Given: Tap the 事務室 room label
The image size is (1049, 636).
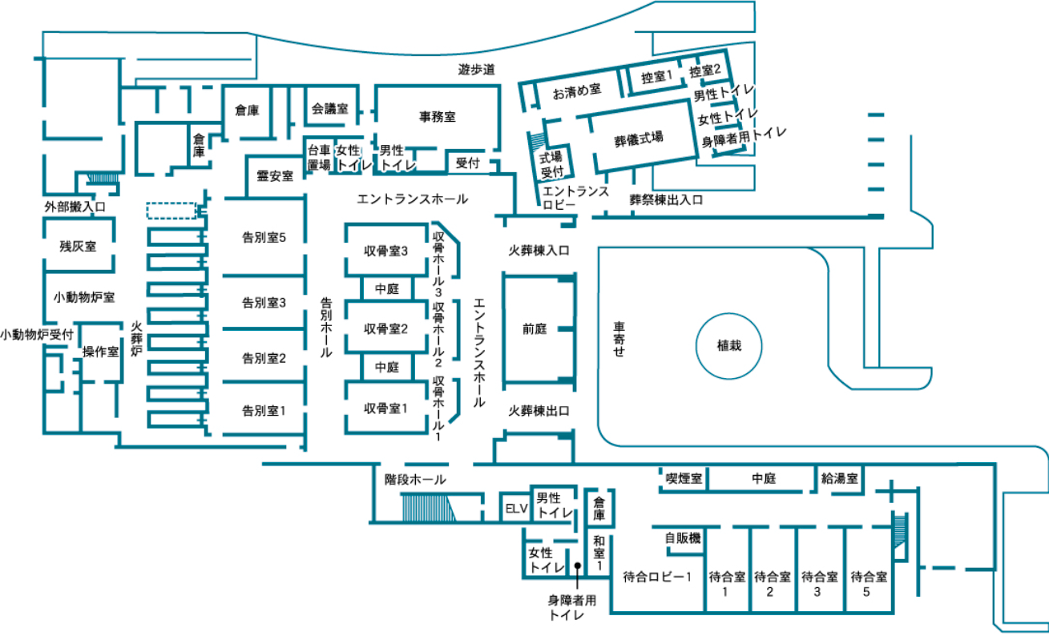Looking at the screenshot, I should pos(438,116).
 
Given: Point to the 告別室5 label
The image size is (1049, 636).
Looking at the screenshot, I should pos(264,237).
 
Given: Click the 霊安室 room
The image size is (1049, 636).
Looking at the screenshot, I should pos(274,175).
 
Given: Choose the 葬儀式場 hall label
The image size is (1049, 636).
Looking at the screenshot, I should pos(639,138).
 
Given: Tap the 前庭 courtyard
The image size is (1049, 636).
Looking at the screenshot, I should pos(535,328).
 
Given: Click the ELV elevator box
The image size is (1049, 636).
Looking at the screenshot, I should pos(514,508).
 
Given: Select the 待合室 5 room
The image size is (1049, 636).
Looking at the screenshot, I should pos(868,583).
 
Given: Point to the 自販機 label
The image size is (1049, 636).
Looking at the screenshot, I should pos(683,538).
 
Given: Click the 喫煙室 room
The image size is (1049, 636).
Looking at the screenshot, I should pos(684,478).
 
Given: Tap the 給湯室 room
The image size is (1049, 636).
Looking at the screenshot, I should pos(839,478).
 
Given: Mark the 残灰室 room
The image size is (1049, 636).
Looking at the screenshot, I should pos(78,246).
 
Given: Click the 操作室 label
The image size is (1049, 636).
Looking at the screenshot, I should pos(101,352).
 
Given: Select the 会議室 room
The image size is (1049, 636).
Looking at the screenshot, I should pos(329,108).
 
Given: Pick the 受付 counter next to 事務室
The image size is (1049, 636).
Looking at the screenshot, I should pos(467,162).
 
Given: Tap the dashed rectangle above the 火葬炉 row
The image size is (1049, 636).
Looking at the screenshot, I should pos(171,210).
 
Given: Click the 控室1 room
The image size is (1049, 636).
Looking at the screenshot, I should pos(656,78).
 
